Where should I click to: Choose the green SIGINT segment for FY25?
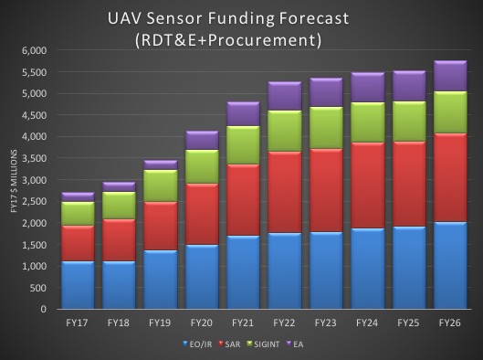[x=408, y=121]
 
